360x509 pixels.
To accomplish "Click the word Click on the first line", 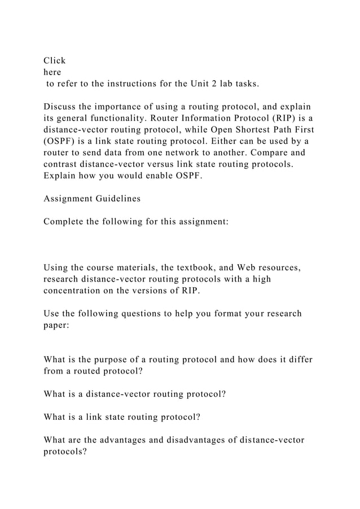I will click(55, 60).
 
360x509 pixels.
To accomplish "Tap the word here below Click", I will click(53, 72).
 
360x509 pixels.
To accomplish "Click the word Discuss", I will click(63, 107).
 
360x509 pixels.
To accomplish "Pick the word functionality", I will click(136, 119).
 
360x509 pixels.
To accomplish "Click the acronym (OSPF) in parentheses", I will click(60, 143).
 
